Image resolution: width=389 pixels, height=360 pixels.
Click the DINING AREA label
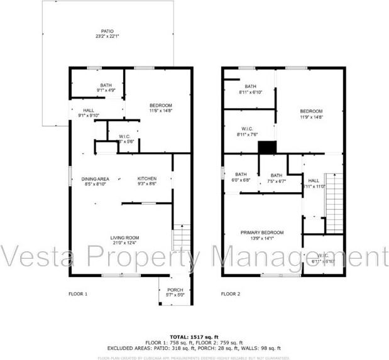[95, 179]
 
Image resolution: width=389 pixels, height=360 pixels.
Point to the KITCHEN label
[147, 179]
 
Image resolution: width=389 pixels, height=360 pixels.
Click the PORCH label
[175, 290]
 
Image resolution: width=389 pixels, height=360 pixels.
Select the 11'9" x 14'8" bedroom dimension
[311, 117]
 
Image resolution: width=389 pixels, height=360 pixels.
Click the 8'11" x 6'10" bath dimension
[251, 92]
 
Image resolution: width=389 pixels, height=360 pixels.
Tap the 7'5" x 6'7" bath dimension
[276, 181]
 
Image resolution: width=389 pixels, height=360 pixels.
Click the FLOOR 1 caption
[78, 293]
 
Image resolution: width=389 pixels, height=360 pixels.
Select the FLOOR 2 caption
[230, 293]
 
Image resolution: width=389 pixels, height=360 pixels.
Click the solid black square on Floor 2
[268, 147]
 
